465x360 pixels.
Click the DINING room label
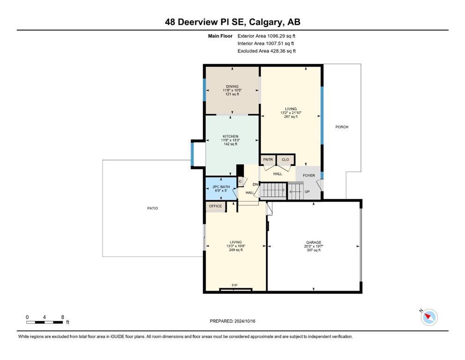232,86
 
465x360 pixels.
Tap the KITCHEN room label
230,136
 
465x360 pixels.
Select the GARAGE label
313,242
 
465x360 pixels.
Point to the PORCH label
342,127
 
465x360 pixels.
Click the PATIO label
153,208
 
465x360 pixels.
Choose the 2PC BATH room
221,188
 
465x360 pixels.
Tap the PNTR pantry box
268,160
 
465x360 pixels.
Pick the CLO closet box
285,160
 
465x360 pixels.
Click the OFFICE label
215,206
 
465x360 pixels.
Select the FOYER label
309,175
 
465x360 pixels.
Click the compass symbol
429,317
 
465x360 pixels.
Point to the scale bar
44,322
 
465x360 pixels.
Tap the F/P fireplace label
234,285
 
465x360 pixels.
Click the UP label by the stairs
307,191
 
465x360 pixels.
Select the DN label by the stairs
255,184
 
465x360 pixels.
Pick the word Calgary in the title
266,22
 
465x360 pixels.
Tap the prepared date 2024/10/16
244,321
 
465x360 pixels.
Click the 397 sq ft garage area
313,250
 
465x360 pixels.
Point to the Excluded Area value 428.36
279,51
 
